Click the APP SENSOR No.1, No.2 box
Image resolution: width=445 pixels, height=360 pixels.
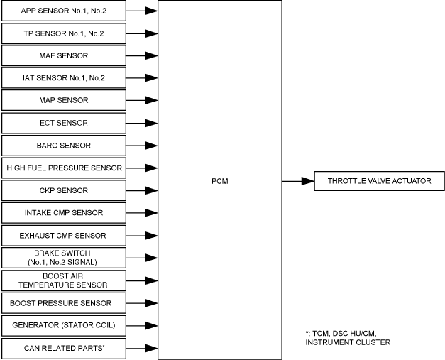click(x=64, y=11)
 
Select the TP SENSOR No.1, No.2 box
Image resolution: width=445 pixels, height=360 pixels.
click(x=64, y=33)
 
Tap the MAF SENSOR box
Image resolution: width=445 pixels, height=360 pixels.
click(x=64, y=55)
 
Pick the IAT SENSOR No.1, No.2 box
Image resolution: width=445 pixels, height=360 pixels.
click(x=64, y=78)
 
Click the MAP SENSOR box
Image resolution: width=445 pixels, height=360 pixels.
click(x=64, y=100)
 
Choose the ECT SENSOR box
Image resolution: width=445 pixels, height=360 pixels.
click(x=64, y=123)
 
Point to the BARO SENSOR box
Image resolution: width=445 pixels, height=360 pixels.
click(x=64, y=146)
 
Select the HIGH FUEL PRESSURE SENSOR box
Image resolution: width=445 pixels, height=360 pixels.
click(x=64, y=168)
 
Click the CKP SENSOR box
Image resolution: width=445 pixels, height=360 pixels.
click(x=64, y=190)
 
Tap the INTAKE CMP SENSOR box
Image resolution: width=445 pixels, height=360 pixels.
click(x=64, y=212)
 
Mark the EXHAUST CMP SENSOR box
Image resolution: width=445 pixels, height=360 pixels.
click(x=64, y=235)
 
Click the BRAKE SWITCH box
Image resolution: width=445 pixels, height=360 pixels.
click(x=64, y=257)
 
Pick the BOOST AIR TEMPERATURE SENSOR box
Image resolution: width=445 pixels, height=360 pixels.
click(x=64, y=280)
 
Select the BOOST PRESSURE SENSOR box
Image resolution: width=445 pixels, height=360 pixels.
click(x=64, y=303)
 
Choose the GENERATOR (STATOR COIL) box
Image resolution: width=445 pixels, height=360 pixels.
click(x=64, y=325)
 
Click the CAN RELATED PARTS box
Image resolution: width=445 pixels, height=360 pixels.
click(x=64, y=348)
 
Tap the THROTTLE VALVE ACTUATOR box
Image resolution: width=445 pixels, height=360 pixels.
click(x=379, y=181)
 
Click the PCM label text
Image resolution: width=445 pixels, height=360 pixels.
click(x=219, y=181)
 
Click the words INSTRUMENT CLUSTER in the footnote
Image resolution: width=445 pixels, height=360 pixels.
click(x=348, y=343)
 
